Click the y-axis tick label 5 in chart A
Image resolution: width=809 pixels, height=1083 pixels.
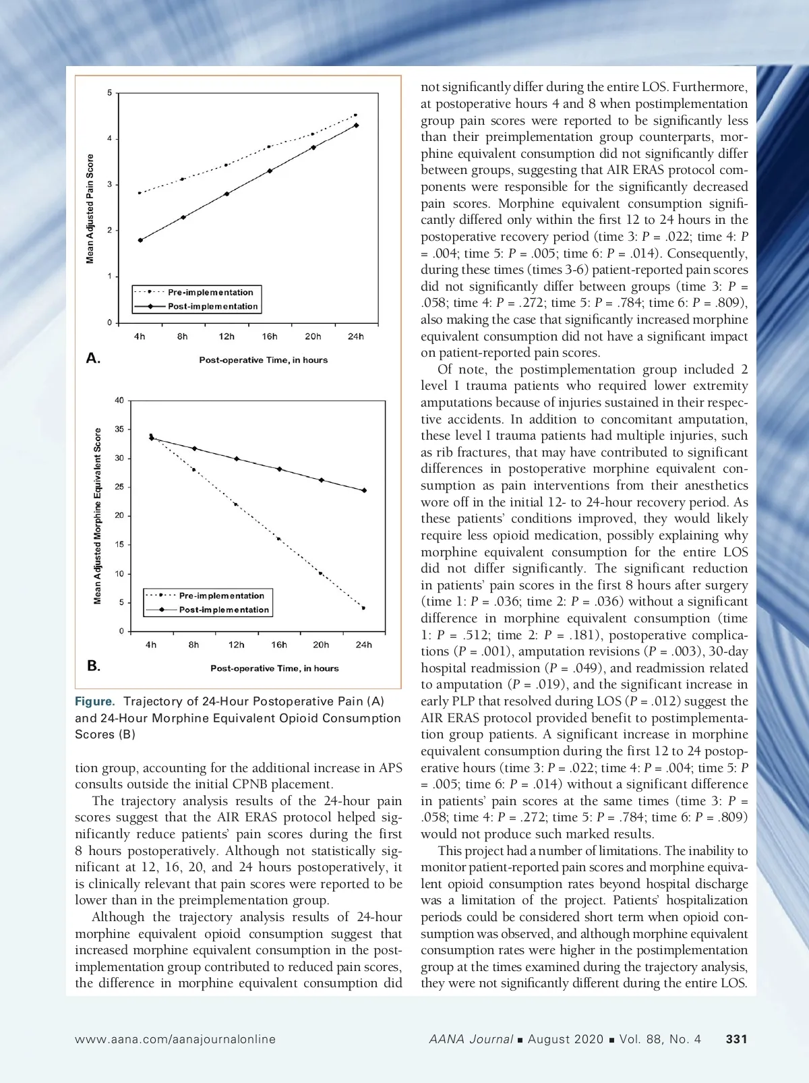click(x=109, y=92)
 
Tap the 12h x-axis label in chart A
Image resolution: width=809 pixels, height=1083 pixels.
click(x=227, y=336)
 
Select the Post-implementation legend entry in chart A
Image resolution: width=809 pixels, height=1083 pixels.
click(x=212, y=306)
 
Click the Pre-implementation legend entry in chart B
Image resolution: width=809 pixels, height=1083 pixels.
click(x=221, y=595)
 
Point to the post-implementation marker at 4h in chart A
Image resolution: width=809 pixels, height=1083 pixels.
click(x=140, y=240)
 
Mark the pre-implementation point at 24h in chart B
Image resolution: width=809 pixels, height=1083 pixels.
click(x=363, y=608)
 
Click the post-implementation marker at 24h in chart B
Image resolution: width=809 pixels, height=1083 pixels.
click(x=364, y=490)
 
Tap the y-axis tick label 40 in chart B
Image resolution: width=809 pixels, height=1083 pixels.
click(x=119, y=401)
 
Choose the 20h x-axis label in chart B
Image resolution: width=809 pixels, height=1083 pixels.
click(x=321, y=645)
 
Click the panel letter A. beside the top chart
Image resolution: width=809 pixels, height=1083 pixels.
click(x=93, y=358)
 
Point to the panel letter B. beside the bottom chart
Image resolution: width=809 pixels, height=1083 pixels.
click(x=94, y=666)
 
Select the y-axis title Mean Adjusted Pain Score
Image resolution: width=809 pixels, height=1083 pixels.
click(x=90, y=209)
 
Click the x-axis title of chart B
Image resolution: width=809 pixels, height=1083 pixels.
click(x=274, y=668)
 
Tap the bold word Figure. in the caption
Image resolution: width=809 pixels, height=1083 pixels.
click(x=94, y=701)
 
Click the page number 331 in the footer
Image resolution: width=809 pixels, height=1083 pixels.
click(x=736, y=1039)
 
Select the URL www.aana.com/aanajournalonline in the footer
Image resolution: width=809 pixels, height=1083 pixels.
click(x=175, y=1039)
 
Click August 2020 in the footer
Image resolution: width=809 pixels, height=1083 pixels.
click(x=565, y=1039)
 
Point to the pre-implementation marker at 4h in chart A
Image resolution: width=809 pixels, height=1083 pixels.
click(x=140, y=193)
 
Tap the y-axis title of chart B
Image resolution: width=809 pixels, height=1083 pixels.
click(x=98, y=516)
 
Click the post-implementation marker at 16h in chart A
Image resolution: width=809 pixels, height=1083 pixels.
click(x=270, y=171)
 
